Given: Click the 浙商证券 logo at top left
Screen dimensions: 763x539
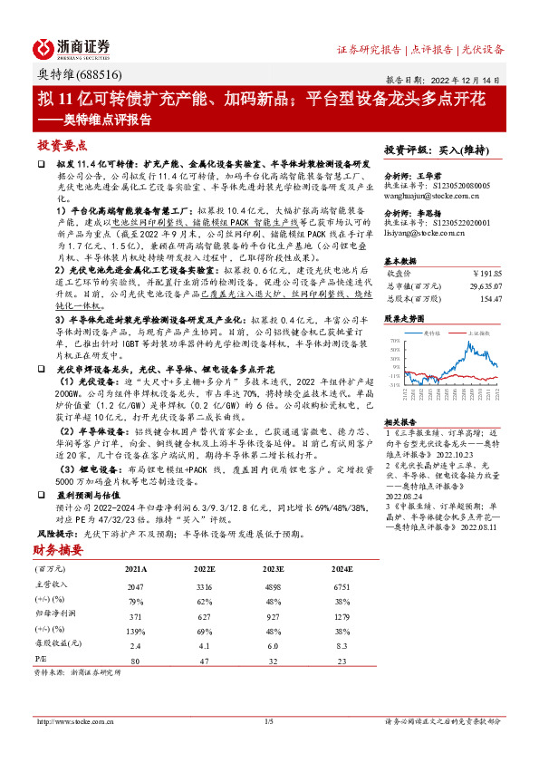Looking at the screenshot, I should pos(72,47).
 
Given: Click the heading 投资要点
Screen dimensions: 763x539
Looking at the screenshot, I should pos(61,145).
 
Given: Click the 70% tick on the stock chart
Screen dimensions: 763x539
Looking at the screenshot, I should pos(394,342).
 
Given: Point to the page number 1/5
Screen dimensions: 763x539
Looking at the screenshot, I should pos(268,721).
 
